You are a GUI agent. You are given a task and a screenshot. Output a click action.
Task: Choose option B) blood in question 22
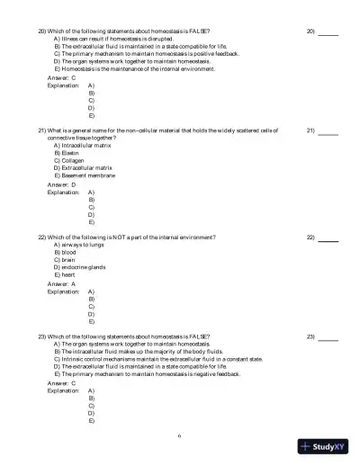pyautogui.click(x=68, y=253)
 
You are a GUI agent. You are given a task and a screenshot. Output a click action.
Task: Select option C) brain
pyautogui.click(x=68, y=260)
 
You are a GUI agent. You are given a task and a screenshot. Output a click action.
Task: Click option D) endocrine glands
pyautogui.click(x=80, y=267)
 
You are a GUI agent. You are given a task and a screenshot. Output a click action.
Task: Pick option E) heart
pyautogui.click(x=68, y=274)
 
